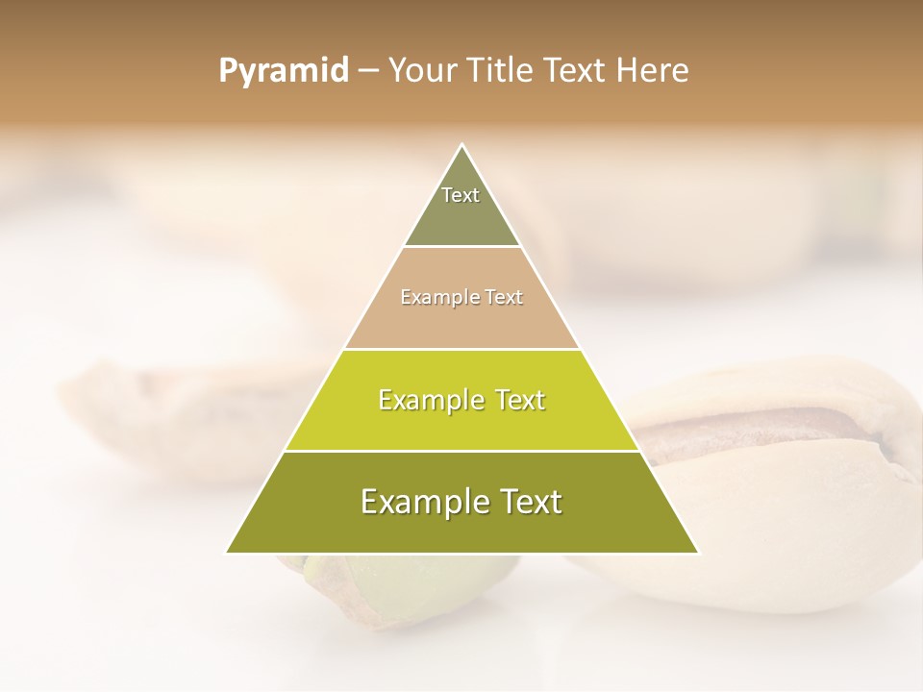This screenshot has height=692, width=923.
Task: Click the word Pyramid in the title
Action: (283, 71)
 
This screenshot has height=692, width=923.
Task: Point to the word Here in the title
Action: (654, 71)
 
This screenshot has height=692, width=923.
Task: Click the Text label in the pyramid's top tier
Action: (461, 195)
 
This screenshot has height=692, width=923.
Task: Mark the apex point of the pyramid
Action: (462, 145)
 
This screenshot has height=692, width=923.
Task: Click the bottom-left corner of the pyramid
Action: (227, 553)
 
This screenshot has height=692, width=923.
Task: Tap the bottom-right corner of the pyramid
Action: (698, 553)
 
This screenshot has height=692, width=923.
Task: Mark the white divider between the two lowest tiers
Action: (462, 451)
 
